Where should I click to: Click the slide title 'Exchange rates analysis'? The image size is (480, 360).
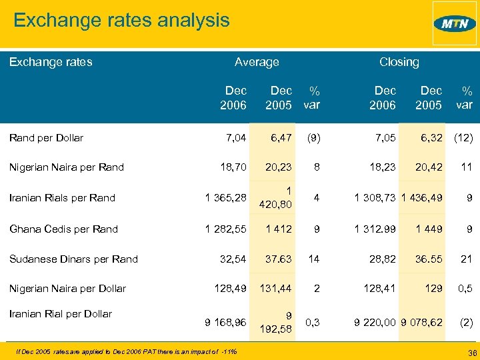(x=121, y=20)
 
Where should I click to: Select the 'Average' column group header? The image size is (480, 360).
(x=257, y=62)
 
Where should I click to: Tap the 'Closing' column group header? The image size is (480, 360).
(x=399, y=62)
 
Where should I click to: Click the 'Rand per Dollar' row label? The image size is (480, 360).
(x=46, y=138)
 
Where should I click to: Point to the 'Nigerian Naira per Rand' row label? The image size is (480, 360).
(x=66, y=167)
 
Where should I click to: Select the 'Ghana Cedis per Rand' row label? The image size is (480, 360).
(x=63, y=229)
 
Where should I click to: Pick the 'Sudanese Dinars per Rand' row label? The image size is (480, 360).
(x=73, y=259)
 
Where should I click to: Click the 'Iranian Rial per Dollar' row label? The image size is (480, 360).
(x=60, y=314)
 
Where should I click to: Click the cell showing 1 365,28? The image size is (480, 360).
(x=225, y=198)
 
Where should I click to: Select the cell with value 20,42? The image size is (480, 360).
(x=428, y=167)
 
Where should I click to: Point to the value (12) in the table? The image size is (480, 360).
(x=463, y=138)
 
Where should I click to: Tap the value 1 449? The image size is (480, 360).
(x=429, y=229)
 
